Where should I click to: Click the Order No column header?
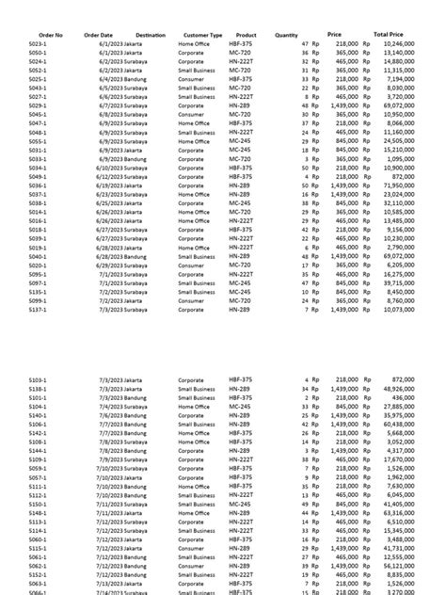click(x=45, y=35)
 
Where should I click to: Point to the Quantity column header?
click(x=286, y=35)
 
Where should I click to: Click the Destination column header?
click(x=151, y=35)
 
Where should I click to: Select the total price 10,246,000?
click(x=399, y=44)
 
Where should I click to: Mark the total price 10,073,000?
click(x=399, y=309)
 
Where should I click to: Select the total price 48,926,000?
click(x=399, y=388)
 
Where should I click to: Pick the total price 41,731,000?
click(x=399, y=547)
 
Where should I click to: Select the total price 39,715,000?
click(x=399, y=282)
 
